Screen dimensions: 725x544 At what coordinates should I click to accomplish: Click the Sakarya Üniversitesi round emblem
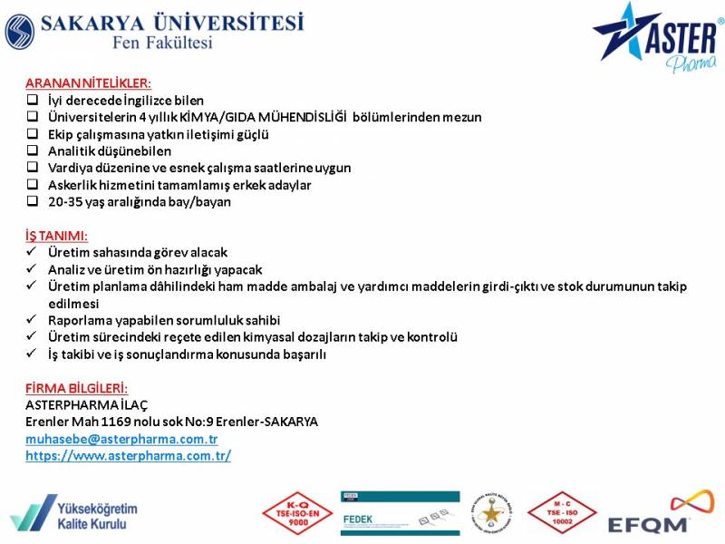point(20,32)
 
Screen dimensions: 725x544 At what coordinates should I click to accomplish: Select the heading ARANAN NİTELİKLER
point(88,83)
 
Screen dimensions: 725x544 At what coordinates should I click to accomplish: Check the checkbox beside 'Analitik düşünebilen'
point(33,151)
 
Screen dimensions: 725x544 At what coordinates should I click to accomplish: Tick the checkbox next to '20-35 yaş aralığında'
point(33,201)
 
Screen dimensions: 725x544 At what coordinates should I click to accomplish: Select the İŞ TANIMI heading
point(56,236)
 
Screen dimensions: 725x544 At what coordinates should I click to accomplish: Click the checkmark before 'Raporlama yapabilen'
point(32,319)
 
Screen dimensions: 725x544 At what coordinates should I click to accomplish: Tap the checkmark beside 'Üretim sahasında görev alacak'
point(32,252)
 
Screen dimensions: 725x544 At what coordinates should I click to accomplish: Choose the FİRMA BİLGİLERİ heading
point(76,388)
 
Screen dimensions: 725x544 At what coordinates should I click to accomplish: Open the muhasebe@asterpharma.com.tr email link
point(121,439)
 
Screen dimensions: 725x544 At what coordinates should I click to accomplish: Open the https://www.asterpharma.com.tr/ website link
point(128,456)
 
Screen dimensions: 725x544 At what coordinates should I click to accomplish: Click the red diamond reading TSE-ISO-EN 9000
point(297,513)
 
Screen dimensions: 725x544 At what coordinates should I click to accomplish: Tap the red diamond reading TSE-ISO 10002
point(562,513)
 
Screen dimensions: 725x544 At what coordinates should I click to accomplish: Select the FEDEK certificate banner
point(401,513)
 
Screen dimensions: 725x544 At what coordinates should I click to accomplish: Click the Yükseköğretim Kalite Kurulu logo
point(74,513)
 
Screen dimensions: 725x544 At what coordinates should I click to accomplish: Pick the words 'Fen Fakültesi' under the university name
point(163,43)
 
